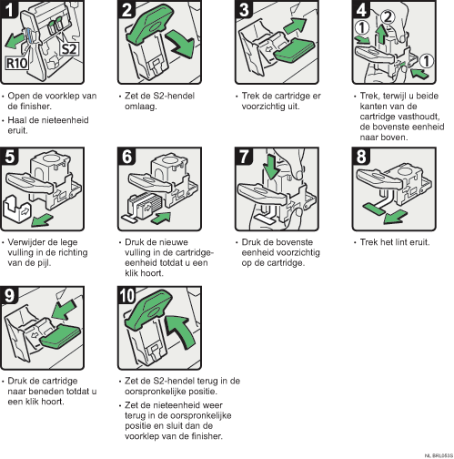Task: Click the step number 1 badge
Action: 11,12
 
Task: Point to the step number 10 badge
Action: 128,295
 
